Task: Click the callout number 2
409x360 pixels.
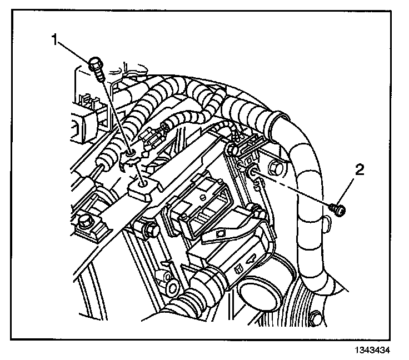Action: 361,169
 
